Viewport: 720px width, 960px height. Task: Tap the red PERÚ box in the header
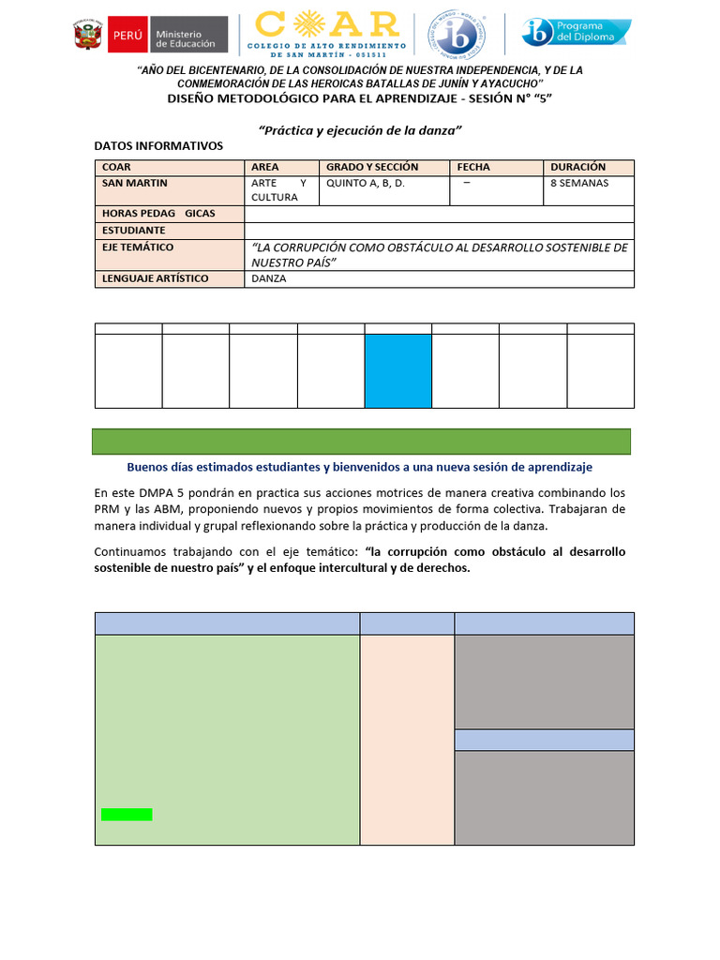point(127,35)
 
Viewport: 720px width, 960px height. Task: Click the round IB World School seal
point(457,34)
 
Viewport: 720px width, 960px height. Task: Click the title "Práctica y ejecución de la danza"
point(361,130)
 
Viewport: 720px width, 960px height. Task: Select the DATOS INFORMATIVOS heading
point(158,146)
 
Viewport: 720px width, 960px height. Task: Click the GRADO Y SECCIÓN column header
point(371,167)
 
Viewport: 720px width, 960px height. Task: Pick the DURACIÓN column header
point(577,167)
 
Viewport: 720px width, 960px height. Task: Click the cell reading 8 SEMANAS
point(579,184)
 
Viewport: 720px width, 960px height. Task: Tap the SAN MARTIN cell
point(135,184)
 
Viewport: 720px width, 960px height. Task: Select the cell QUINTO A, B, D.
point(365,184)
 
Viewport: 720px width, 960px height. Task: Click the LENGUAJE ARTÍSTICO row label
point(155,279)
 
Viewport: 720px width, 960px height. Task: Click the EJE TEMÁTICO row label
point(138,247)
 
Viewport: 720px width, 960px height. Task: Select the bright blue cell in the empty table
point(397,370)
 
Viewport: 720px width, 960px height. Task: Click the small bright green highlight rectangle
point(127,814)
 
